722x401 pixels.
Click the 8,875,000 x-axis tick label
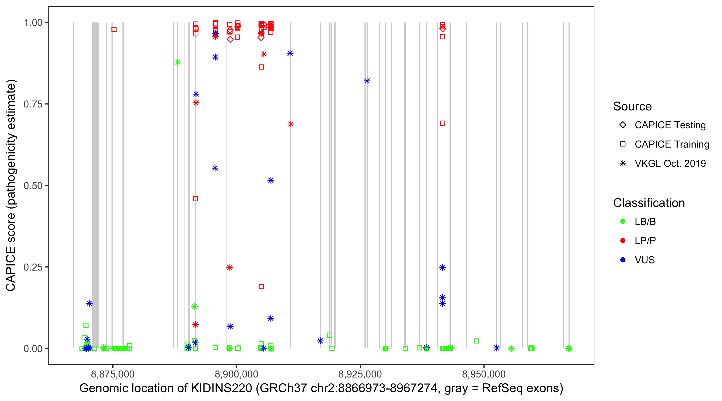tap(113, 374)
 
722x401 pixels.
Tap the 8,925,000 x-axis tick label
tap(360, 374)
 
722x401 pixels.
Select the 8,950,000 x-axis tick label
tap(484, 374)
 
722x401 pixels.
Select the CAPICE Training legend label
tap(672, 144)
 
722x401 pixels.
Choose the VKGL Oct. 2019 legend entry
tap(670, 164)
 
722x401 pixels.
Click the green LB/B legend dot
tap(623, 221)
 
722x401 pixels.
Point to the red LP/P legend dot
tap(623, 241)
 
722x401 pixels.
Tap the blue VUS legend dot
tap(623, 260)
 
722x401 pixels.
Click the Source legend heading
tap(632, 106)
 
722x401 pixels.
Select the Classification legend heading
tap(649, 203)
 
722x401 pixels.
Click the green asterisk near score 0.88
tap(177, 62)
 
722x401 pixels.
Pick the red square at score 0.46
tap(195, 199)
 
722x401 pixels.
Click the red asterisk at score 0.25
tap(230, 268)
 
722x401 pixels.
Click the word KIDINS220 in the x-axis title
tap(221, 388)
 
